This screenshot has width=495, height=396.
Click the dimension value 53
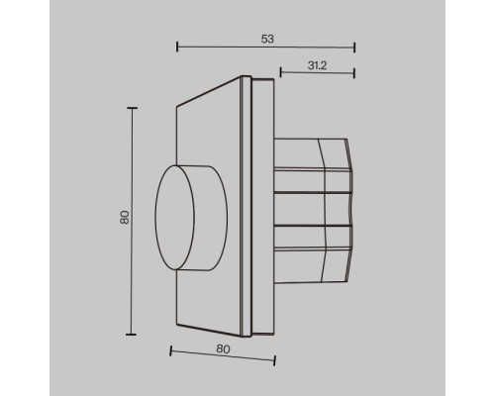click(x=267, y=39)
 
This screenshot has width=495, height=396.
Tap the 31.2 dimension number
click(x=317, y=65)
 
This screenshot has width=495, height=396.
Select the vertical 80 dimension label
click(x=125, y=218)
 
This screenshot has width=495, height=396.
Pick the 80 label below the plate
click(x=223, y=348)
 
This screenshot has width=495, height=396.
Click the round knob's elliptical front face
click(x=175, y=218)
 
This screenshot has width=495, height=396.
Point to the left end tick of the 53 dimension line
click(x=177, y=47)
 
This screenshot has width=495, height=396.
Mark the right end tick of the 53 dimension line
click(x=354, y=48)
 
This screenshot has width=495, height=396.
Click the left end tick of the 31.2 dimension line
click(x=280, y=72)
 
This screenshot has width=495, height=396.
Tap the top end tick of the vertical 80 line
click(x=132, y=108)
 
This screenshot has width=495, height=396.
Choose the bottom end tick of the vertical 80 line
click(x=131, y=335)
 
